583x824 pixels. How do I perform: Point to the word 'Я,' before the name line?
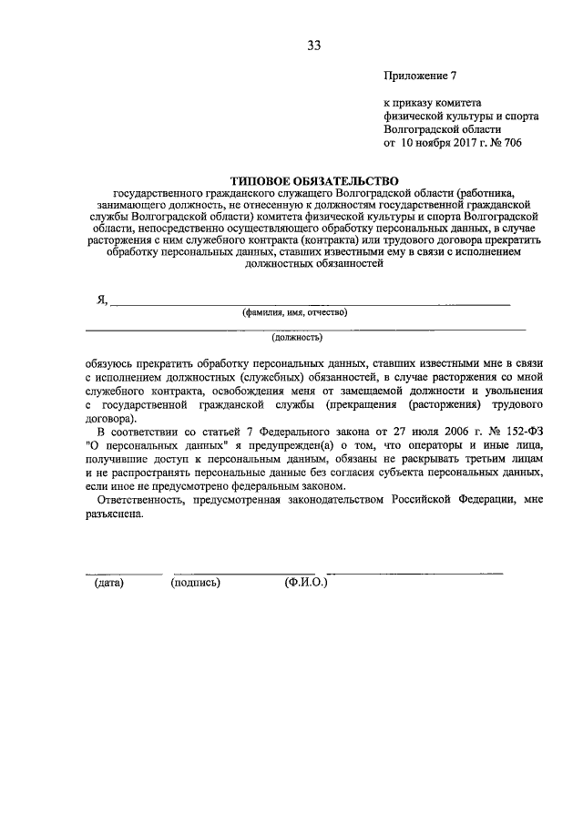(x=103, y=300)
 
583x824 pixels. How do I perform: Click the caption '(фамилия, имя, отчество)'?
(x=294, y=312)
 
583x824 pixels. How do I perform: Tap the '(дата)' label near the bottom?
(x=109, y=583)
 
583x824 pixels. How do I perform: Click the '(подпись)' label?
(x=196, y=583)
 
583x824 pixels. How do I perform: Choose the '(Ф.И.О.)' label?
(x=306, y=583)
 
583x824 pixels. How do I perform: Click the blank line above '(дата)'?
(x=124, y=573)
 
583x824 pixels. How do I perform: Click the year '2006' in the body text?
(x=451, y=432)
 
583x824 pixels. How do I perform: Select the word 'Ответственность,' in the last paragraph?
(x=144, y=500)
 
